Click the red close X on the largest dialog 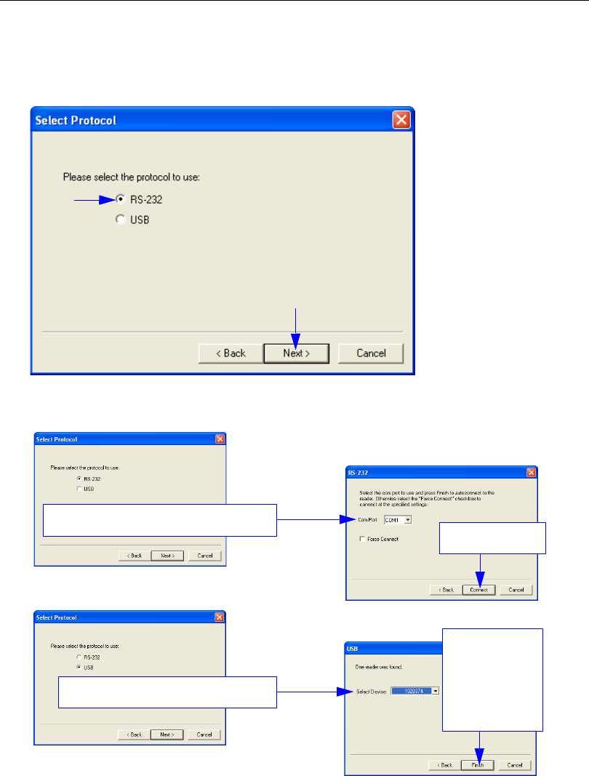pyautogui.click(x=401, y=120)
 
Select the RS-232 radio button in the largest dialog pyautogui.click(x=120, y=198)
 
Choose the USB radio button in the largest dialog pyautogui.click(x=120, y=220)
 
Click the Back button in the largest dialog pyautogui.click(x=229, y=353)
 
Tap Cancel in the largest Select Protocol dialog pyautogui.click(x=370, y=353)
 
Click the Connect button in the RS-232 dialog pyautogui.click(x=478, y=590)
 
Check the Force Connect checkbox pyautogui.click(x=362, y=539)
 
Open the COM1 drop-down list pyautogui.click(x=408, y=519)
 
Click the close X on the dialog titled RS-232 pyautogui.click(x=531, y=473)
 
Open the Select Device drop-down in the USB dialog pyautogui.click(x=436, y=691)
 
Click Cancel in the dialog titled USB pyautogui.click(x=515, y=765)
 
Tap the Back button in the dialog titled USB pyautogui.click(x=445, y=765)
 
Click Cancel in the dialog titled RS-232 pyautogui.click(x=516, y=590)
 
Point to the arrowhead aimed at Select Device pyautogui.click(x=348, y=692)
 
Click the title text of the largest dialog pyautogui.click(x=76, y=120)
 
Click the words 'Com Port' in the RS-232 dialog pyautogui.click(x=369, y=519)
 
